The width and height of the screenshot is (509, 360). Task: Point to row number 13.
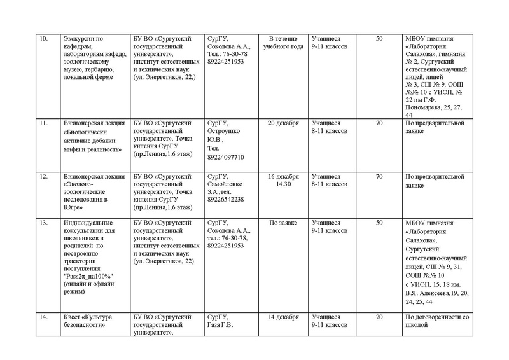44,223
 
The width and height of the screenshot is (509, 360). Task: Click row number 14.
44,317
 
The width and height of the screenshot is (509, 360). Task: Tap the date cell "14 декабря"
283,317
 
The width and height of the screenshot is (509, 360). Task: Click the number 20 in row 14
380,317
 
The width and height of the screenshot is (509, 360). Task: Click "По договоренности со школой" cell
440,321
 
